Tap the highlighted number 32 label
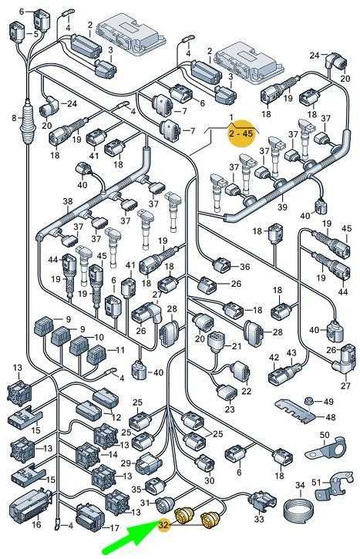[165, 525]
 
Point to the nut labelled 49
[309, 402]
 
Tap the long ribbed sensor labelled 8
[28, 120]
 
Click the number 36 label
[244, 267]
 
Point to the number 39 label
[282, 207]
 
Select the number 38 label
[68, 202]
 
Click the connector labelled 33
[262, 501]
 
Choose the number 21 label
[237, 346]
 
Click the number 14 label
[113, 455]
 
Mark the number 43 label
[291, 353]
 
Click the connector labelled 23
[227, 393]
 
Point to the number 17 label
[114, 528]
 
